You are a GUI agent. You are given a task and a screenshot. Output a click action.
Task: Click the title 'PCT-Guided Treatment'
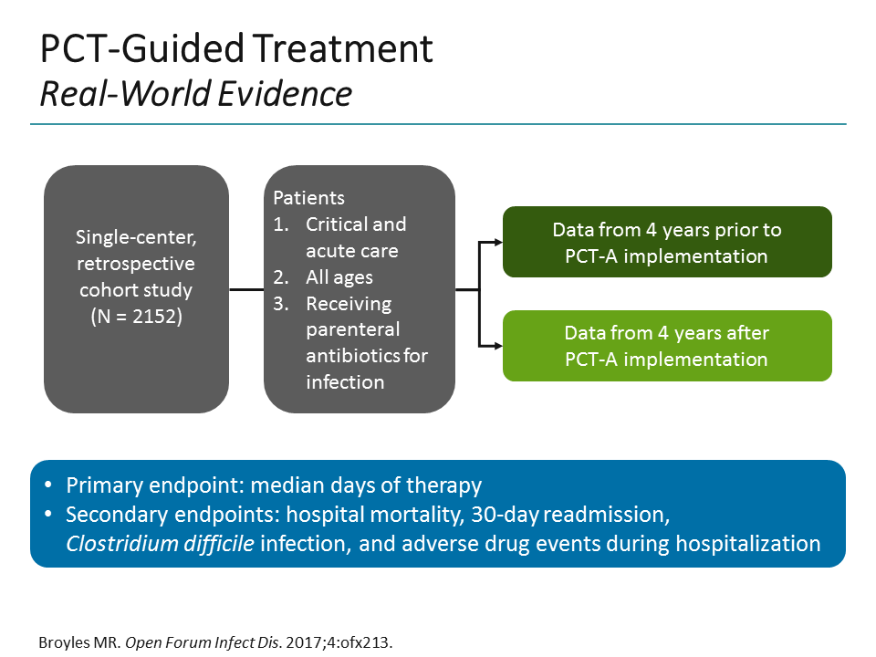[x=236, y=50]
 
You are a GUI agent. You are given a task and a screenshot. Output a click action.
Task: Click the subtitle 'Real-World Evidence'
[x=195, y=93]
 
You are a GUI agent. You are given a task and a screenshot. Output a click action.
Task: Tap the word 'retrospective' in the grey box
[x=136, y=264]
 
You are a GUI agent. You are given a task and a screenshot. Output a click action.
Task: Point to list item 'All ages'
[x=339, y=276]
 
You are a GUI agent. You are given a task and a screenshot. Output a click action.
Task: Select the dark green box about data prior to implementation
[x=667, y=242]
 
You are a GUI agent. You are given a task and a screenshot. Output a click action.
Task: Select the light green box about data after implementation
[x=667, y=346]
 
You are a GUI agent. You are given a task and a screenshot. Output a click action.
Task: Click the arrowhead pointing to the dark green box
[x=496, y=242]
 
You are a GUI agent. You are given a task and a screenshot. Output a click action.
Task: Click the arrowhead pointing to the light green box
[x=496, y=346]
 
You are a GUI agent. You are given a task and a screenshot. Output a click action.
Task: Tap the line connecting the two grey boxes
[x=245, y=290]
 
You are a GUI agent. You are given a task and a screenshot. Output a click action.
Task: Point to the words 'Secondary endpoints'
[x=152, y=515]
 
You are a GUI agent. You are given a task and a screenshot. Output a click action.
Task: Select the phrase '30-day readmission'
[x=570, y=515]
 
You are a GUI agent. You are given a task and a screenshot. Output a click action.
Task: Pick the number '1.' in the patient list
[x=281, y=224]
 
